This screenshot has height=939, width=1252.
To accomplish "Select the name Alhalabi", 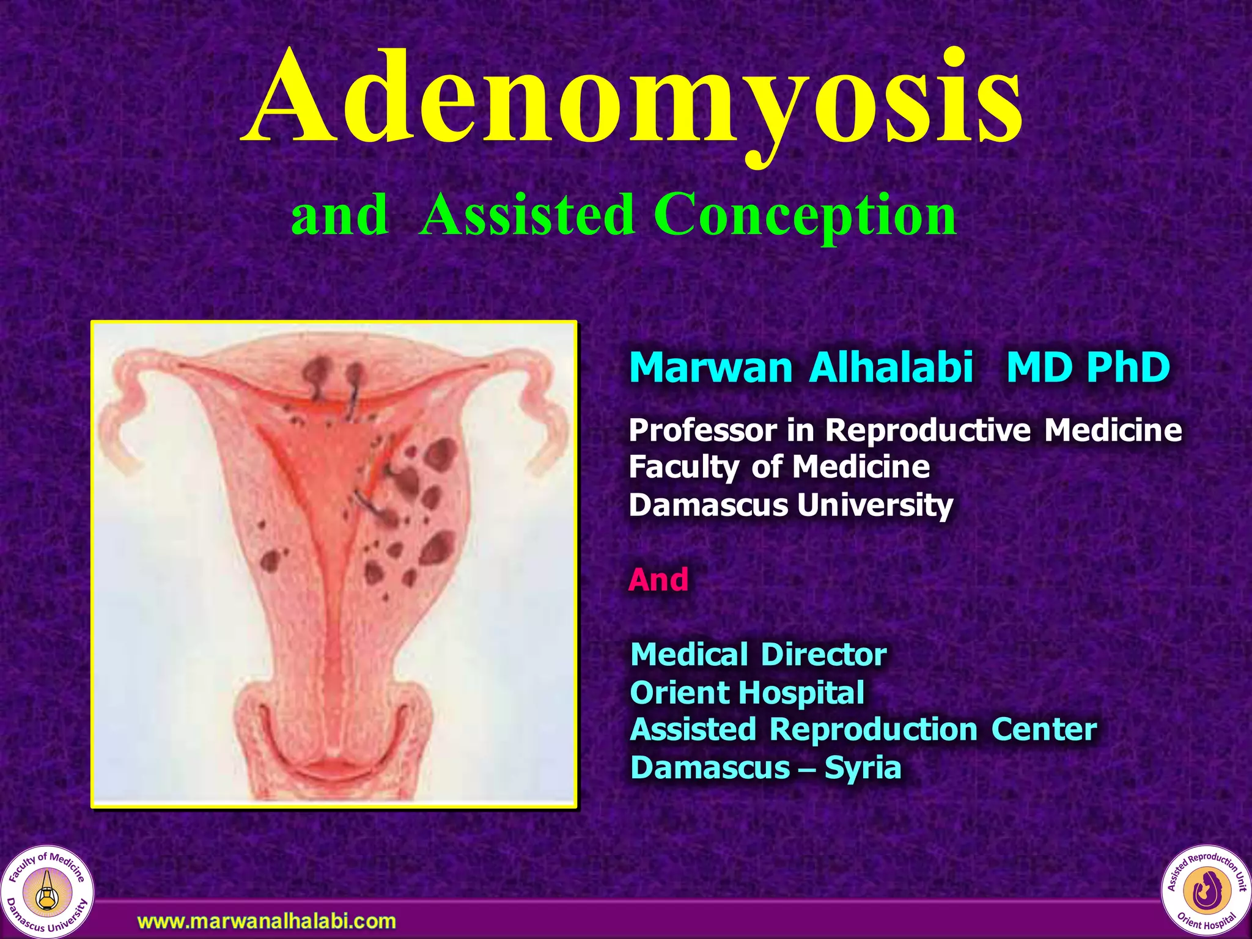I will coord(891,367).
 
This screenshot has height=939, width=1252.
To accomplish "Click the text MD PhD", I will coord(1088,367).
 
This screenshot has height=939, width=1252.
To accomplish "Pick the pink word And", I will coord(658,579).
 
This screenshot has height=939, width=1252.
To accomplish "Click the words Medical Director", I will coord(758,654).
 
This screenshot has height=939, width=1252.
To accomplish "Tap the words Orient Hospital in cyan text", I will coord(746,692).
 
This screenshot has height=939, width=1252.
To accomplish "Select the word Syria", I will coord(863,767).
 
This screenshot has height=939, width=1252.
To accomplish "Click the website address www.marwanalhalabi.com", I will coord(267,921).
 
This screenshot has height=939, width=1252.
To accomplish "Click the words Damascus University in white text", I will coord(790,505).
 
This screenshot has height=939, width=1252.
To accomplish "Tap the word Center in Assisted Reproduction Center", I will coord(1044,729).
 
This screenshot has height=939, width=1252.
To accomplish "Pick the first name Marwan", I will coord(710,367).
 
